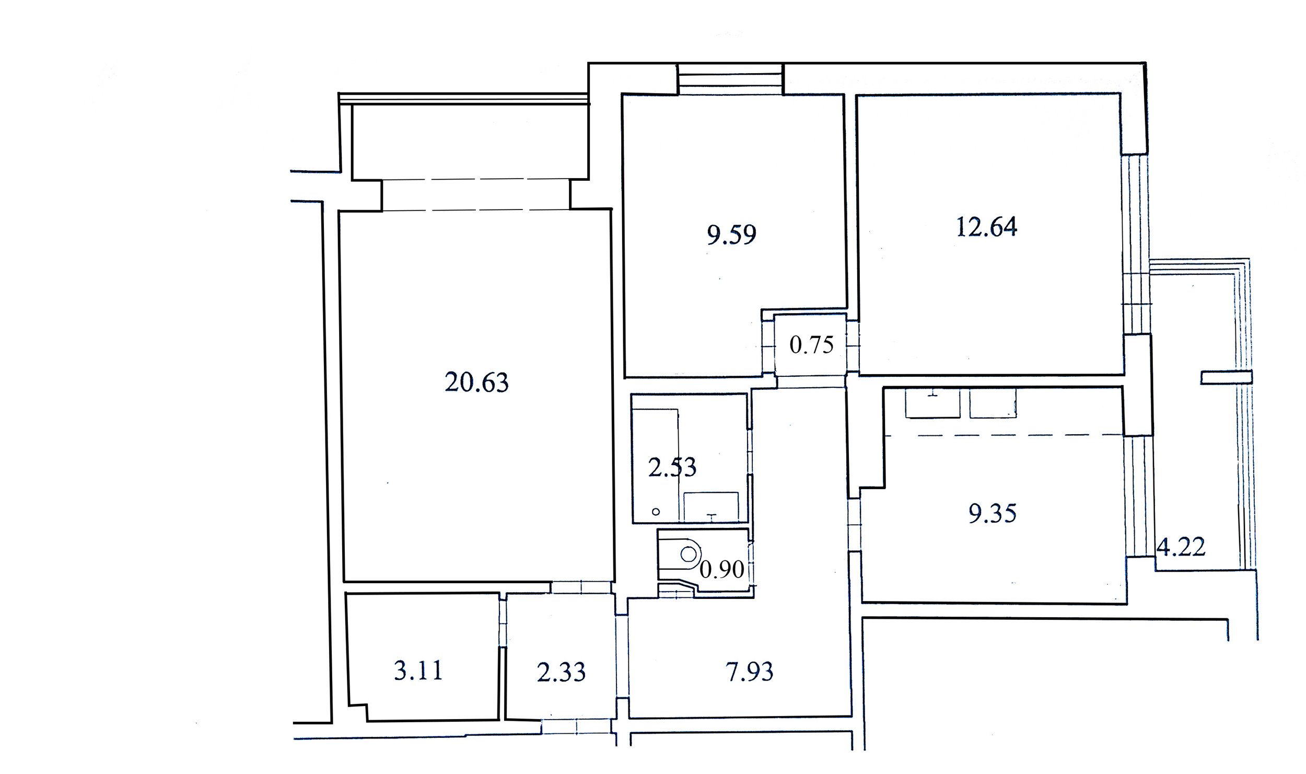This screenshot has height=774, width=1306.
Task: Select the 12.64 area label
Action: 986,227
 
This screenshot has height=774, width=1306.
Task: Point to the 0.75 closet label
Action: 811,345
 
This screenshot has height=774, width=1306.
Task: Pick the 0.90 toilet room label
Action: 721,569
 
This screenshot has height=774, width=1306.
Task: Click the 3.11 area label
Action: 418,671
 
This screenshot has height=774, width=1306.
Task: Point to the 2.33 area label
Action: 561,672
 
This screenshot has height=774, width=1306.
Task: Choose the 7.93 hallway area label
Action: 749,672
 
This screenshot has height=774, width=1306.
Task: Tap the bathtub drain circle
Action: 656,512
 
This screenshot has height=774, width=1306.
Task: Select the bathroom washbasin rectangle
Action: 711,506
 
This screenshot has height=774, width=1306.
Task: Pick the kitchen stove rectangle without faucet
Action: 993,403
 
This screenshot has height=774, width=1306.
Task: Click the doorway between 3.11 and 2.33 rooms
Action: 502,622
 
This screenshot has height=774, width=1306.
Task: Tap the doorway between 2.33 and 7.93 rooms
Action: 622,657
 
